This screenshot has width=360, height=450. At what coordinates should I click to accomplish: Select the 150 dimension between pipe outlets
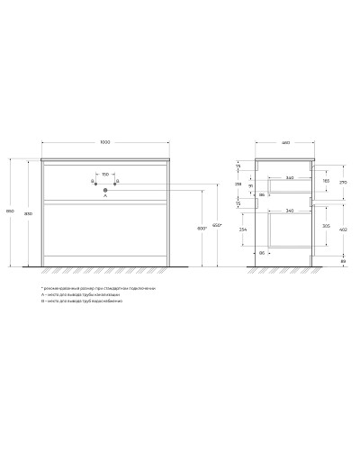point(105,173)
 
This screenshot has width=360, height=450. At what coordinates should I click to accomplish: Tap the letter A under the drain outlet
point(105,196)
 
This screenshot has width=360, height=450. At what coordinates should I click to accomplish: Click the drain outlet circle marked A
point(105,188)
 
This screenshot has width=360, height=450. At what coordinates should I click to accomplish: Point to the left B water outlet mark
point(94,180)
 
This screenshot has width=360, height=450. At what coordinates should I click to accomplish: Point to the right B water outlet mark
point(116,180)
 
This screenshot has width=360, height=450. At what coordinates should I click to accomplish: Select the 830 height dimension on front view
point(28,213)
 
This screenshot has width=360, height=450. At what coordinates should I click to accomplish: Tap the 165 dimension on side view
point(325,182)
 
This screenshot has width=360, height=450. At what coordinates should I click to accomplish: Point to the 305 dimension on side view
point(325,228)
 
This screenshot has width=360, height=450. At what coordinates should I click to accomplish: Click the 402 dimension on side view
point(343,231)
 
